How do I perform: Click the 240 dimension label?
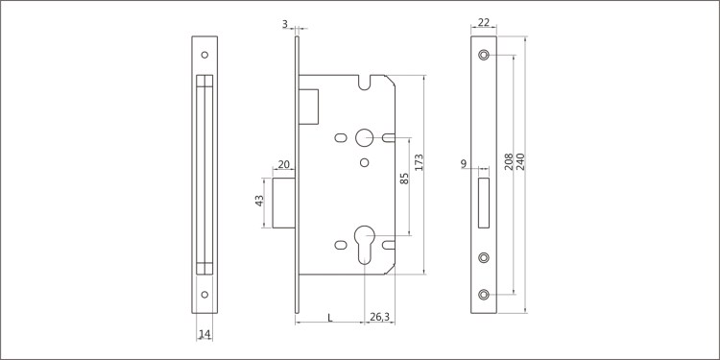[520, 161]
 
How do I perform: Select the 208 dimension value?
[509, 161]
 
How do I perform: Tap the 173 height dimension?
[419, 162]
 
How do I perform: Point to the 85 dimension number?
[404, 179]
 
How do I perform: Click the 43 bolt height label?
[259, 201]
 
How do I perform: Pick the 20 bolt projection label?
[284, 164]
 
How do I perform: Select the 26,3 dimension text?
[379, 317]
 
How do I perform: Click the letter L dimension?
[329, 317]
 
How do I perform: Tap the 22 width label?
[484, 22]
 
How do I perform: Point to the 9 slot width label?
[464, 163]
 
